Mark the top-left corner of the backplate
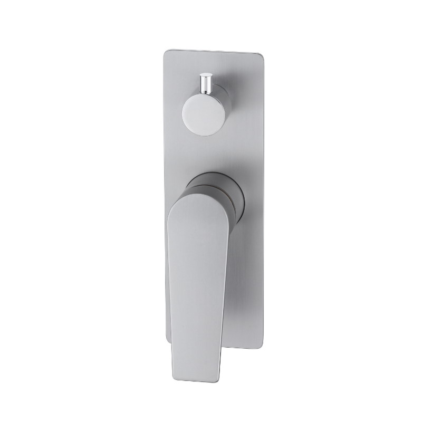pos(166,51)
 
